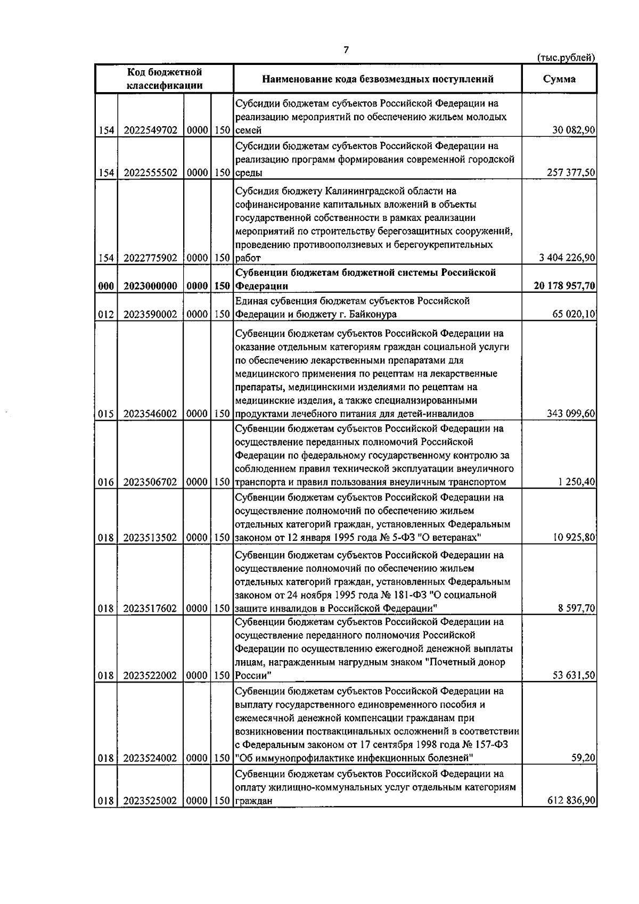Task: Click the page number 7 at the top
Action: [x=346, y=50]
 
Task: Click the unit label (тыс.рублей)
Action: [x=566, y=58]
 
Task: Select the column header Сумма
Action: [x=559, y=79]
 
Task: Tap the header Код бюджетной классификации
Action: [x=164, y=78]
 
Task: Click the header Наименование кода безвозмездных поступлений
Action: [x=378, y=79]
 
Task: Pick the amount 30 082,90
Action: [x=574, y=130]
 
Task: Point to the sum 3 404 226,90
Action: [x=567, y=258]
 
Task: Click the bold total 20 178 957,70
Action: [x=564, y=286]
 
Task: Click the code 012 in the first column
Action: [x=106, y=315]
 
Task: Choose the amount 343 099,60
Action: [x=571, y=414]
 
